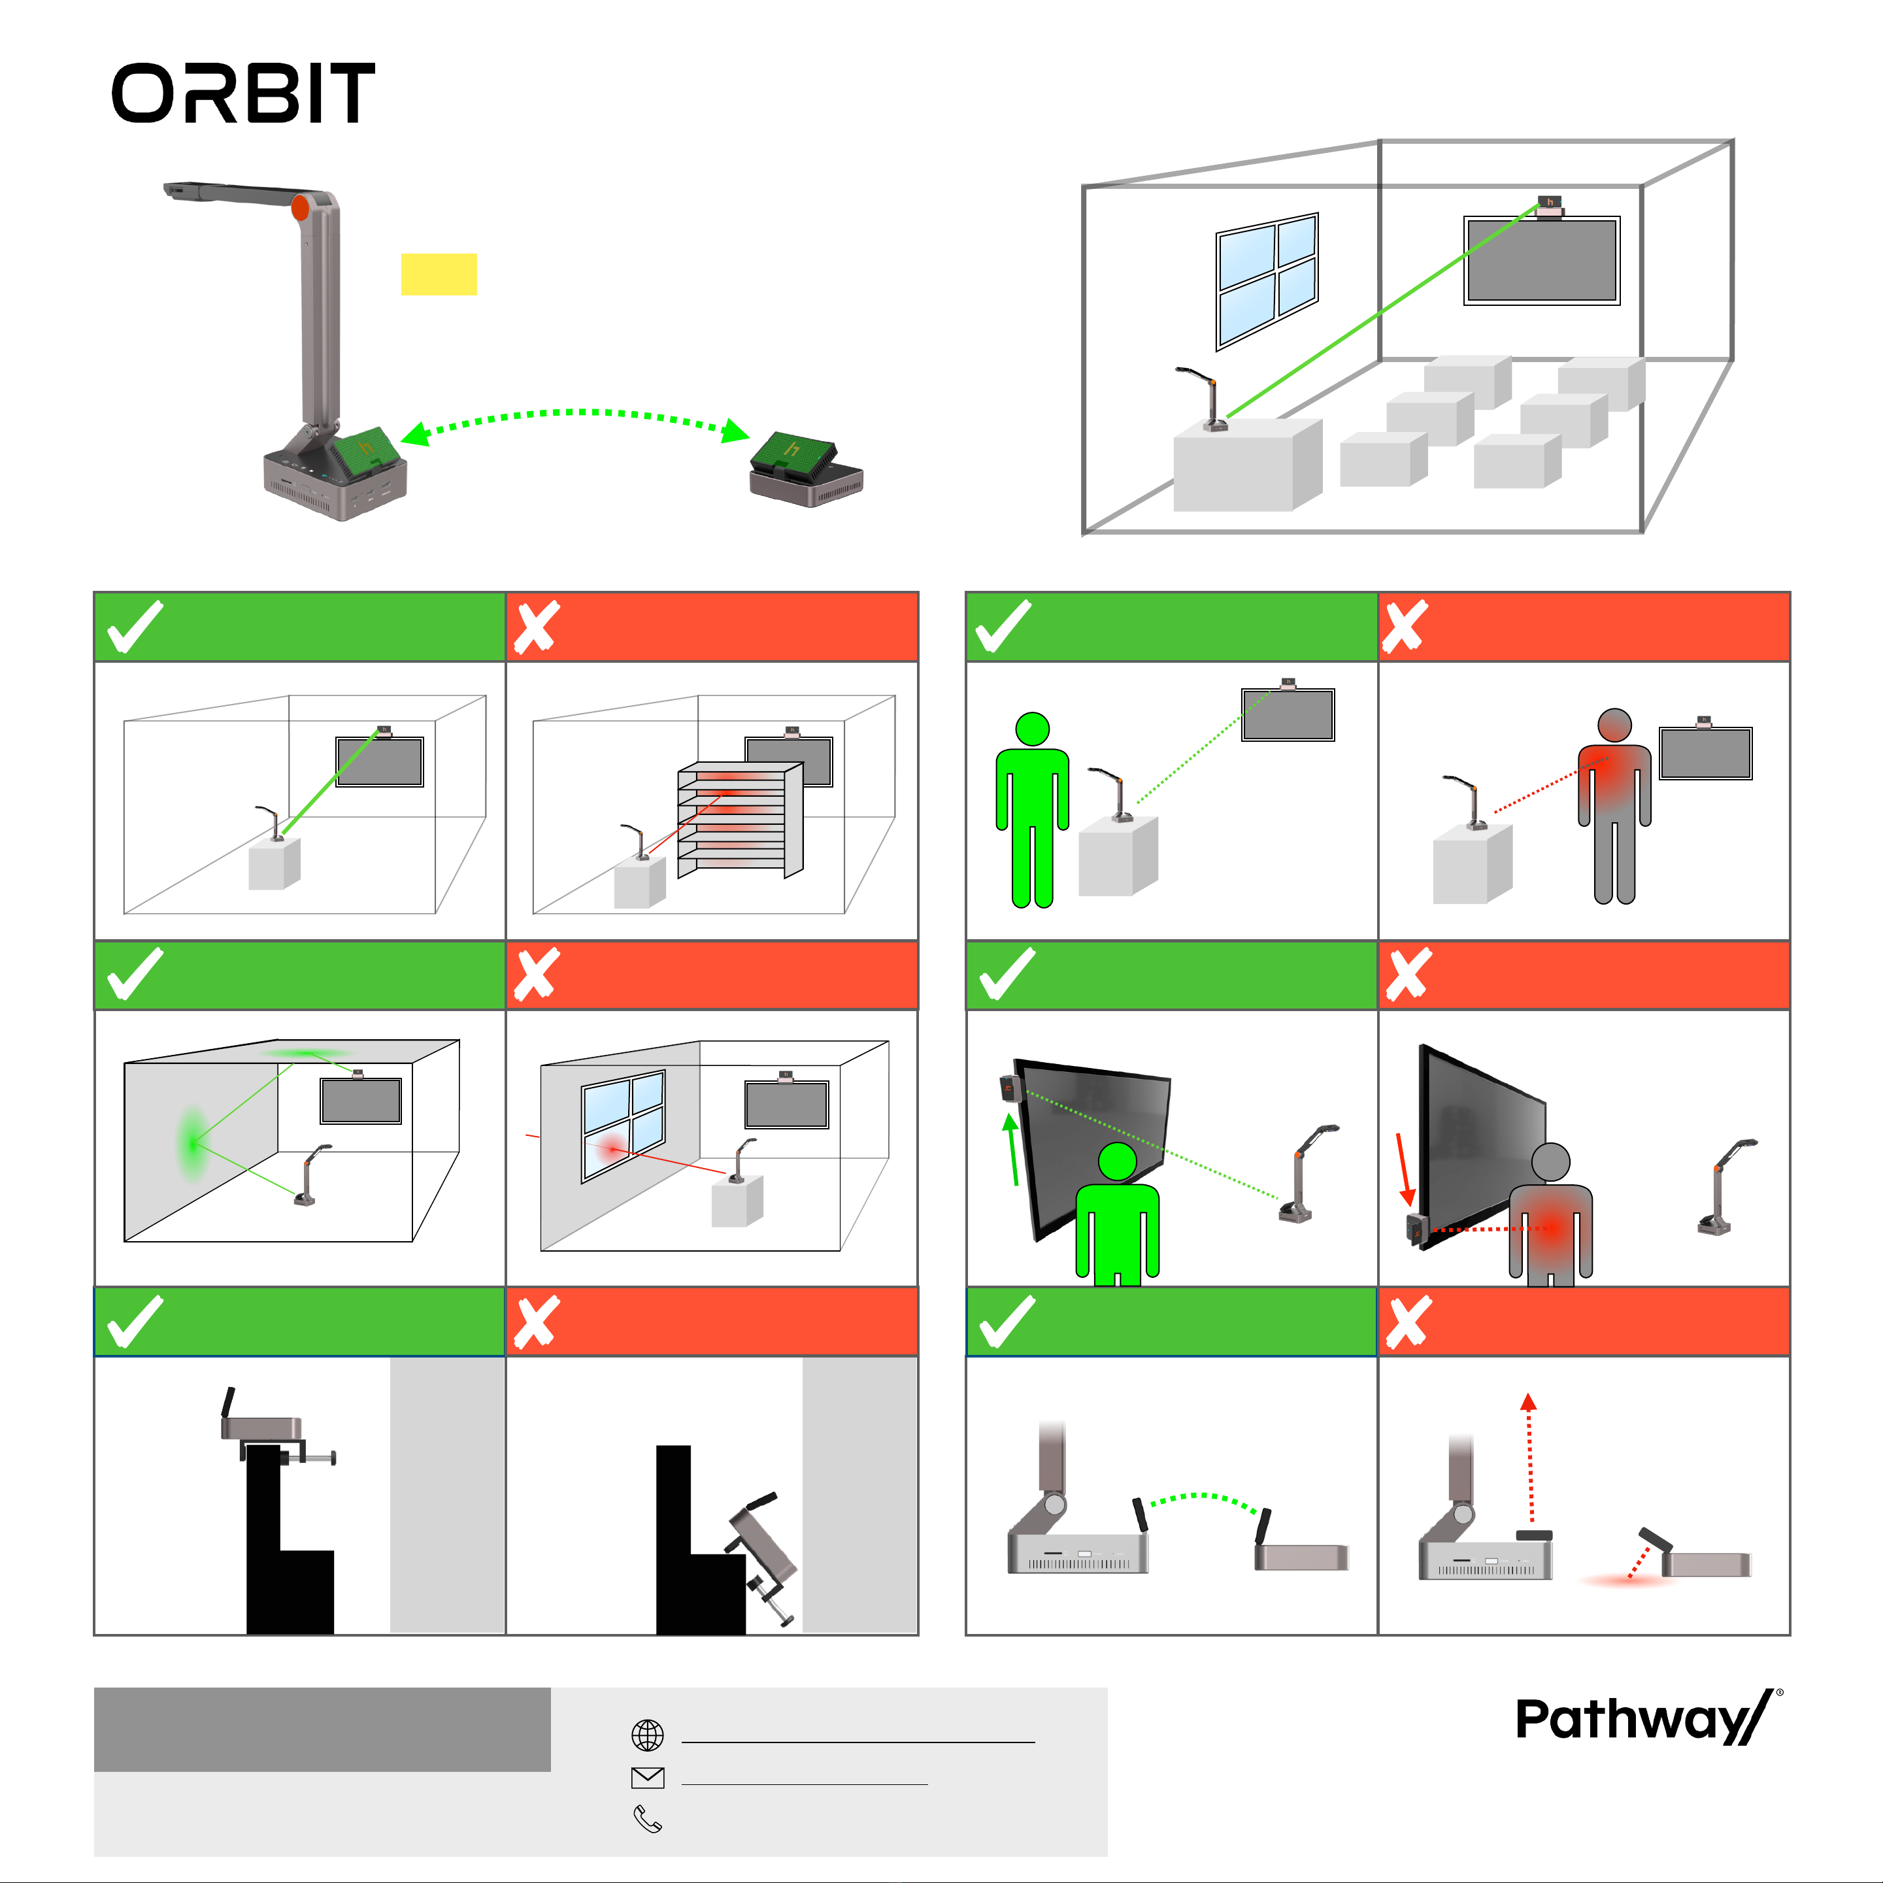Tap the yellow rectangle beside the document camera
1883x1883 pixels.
coord(439,274)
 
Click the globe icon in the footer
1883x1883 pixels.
coord(648,1735)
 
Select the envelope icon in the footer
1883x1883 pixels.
coord(648,1778)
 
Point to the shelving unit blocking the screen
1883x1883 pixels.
coord(741,820)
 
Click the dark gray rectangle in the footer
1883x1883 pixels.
coord(322,1729)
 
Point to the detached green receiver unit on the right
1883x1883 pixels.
coord(805,469)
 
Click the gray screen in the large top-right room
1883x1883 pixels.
coord(1542,260)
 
